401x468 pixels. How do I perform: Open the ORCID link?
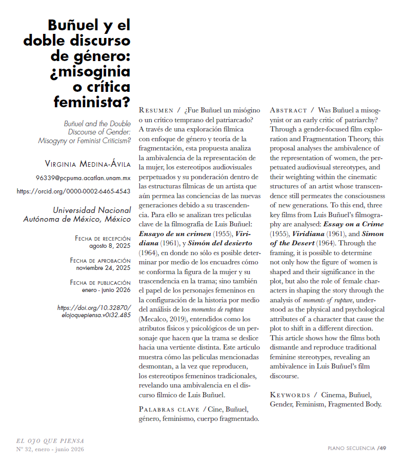click(x=73, y=191)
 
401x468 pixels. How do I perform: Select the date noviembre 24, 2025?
click(x=103, y=268)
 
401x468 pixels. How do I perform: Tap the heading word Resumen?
click(x=156, y=110)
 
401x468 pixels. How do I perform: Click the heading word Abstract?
click(x=288, y=110)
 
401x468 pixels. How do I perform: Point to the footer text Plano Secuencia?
click(x=351, y=449)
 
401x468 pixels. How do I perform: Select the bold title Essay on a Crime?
click(x=353, y=224)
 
